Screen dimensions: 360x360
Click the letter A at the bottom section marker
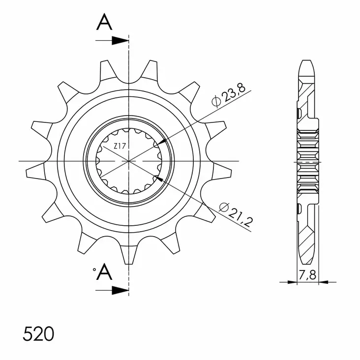click(104, 271)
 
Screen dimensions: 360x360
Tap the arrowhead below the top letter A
click(120, 41)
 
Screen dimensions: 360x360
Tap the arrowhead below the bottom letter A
click(120, 291)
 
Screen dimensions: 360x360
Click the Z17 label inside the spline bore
click(120, 146)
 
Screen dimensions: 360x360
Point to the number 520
click(38, 334)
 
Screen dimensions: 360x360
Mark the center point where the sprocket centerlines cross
click(129, 161)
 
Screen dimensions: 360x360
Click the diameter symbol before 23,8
click(215, 102)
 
